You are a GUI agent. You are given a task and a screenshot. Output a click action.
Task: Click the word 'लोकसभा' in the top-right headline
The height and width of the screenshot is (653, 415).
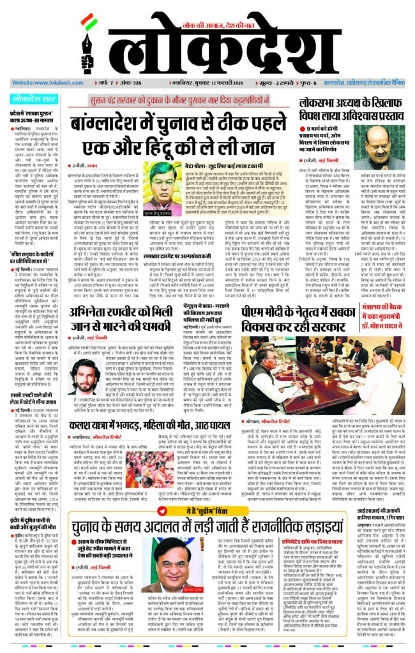[324, 105]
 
